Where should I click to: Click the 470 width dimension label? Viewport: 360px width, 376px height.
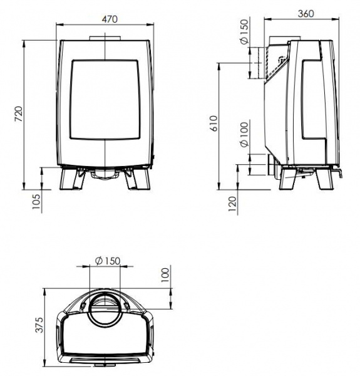click(110, 19)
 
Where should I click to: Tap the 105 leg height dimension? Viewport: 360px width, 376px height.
click(36, 201)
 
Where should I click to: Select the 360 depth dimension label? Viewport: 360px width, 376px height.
click(306, 14)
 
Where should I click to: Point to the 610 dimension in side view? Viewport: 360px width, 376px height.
click(214, 123)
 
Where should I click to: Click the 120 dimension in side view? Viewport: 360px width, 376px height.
click(232, 204)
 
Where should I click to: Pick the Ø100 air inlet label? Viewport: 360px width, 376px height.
click(245, 134)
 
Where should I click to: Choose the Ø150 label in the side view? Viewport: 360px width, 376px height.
click(245, 32)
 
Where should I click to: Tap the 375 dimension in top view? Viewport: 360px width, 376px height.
click(39, 325)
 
